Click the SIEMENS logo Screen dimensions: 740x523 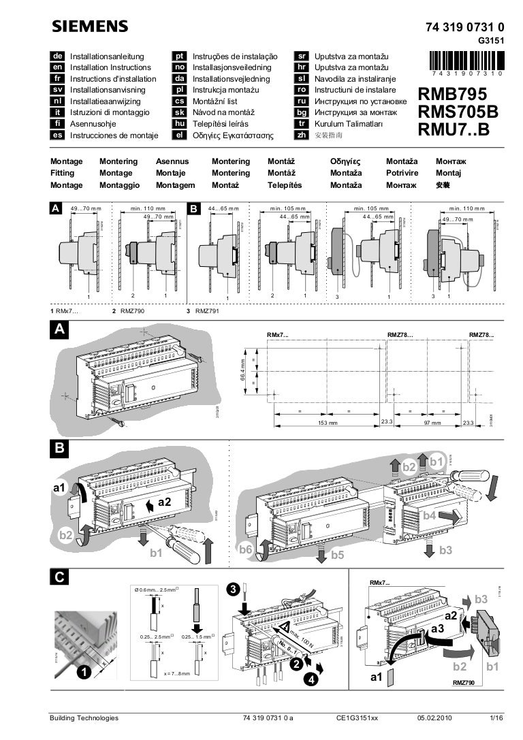pos(90,27)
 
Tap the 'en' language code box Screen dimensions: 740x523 pos(58,67)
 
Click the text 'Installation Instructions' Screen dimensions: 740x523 pos(110,67)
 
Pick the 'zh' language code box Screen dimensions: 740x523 pos(300,135)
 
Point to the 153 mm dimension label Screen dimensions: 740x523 pos(328,423)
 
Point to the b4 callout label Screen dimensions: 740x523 pos(430,516)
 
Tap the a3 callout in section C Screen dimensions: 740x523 pos(438,628)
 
